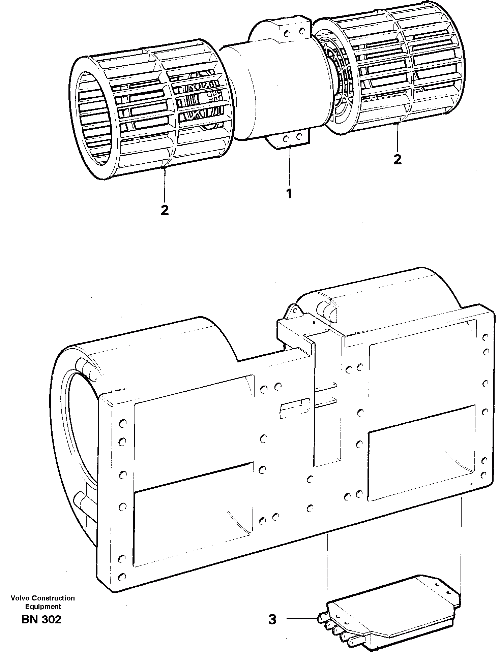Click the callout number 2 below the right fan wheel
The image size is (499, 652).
[398, 160]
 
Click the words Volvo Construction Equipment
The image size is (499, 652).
[43, 602]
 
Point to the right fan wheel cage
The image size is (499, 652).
[398, 67]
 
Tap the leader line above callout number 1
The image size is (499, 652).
[289, 168]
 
